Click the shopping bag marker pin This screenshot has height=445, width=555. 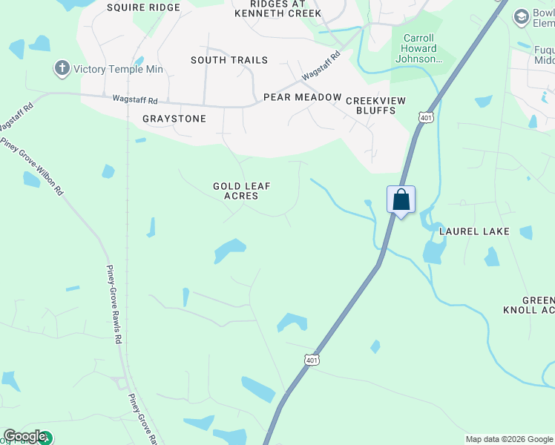(401, 200)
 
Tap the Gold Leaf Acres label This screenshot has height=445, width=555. (235, 191)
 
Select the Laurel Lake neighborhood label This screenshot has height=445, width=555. (474, 231)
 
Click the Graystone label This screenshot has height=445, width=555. (174, 119)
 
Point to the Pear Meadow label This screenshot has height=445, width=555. (303, 98)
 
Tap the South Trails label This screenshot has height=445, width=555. (229, 60)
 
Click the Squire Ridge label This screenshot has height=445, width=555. (143, 7)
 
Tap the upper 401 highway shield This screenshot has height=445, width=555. (425, 118)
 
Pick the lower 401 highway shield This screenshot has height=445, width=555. (312, 359)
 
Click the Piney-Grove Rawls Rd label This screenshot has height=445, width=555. (114, 304)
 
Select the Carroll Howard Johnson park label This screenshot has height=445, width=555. (418, 48)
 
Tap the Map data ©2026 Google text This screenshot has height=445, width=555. (508, 439)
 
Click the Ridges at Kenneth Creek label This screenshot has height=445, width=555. (278, 9)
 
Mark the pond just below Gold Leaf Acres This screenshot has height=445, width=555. (230, 250)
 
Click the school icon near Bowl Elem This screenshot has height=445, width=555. (522, 16)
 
